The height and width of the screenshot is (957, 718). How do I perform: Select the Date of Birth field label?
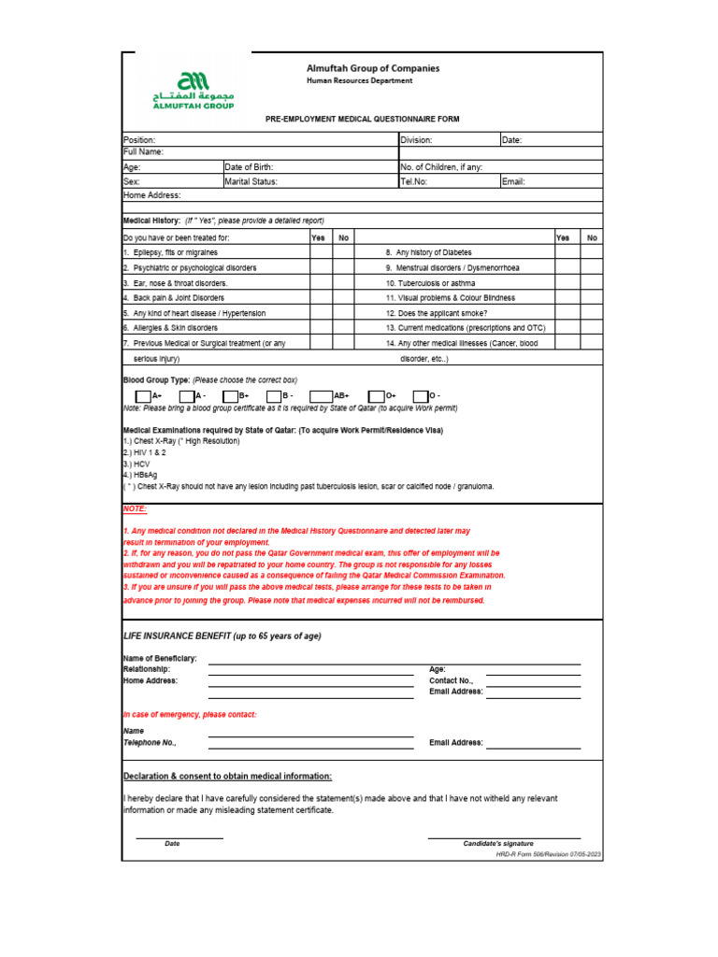pos(249,167)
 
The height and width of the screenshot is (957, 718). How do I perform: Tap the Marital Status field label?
pos(251,181)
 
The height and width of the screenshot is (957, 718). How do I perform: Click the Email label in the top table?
pos(513,181)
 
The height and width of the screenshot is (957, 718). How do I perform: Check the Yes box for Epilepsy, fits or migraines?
pos(321,252)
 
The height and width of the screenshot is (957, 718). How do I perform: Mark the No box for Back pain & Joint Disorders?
pos(345,297)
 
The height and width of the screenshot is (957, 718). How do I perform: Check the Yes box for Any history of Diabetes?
pos(567,252)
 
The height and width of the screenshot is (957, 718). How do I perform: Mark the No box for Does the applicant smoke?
pos(591,312)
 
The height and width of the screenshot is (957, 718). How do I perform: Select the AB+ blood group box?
pos(321,396)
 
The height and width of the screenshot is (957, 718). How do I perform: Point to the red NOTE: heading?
pos(135,508)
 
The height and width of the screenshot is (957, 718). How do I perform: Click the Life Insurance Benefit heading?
pos(223,636)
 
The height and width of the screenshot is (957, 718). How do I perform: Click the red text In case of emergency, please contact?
pos(190,714)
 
